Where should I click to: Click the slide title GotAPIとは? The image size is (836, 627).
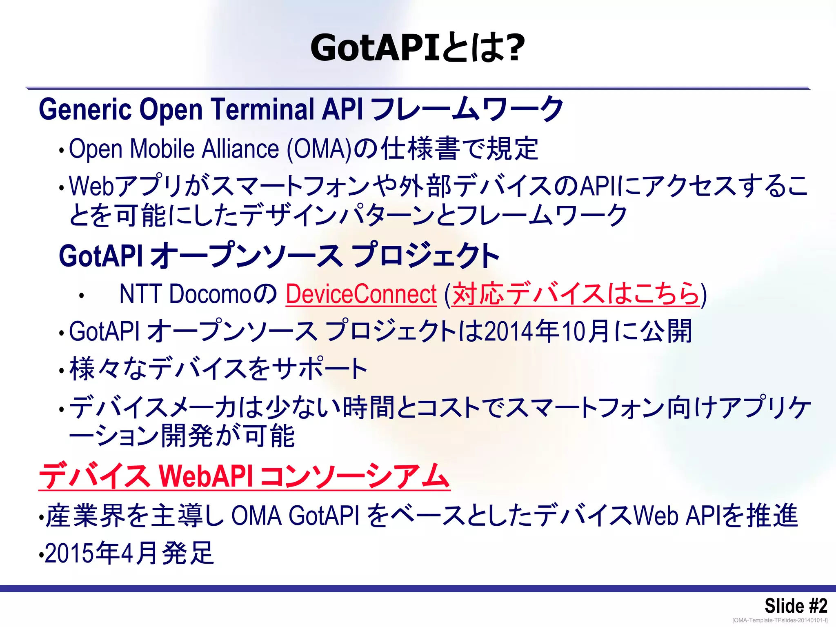point(417,48)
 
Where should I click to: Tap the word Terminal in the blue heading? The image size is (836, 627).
point(262,109)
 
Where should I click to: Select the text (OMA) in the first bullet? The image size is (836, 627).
point(319,149)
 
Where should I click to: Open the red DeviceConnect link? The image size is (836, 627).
point(361,294)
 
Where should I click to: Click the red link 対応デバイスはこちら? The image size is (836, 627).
point(576,294)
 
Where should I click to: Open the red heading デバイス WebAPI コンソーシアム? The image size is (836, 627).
point(244,476)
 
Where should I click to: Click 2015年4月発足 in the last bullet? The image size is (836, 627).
point(129,554)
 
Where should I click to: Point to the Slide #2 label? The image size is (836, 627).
point(795,606)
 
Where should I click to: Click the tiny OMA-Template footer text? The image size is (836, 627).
point(780,620)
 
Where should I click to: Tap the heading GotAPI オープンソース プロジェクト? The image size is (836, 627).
point(279,256)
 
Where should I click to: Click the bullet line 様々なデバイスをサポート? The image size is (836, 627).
point(218,369)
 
